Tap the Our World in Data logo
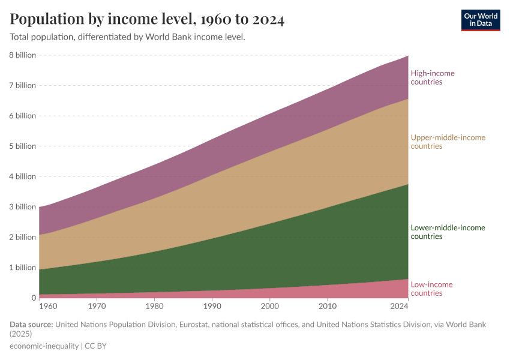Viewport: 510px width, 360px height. click(481, 20)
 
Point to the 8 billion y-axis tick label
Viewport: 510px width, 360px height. click(23, 55)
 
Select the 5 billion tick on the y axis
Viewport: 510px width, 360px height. click(23, 146)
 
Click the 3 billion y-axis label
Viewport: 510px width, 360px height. click(23, 207)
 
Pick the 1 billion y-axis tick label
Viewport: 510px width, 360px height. click(23, 268)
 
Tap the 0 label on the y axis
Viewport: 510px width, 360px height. click(34, 298)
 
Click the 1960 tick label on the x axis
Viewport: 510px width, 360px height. click(39, 306)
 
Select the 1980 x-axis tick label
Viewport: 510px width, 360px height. click(155, 306)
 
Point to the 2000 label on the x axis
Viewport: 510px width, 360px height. click(270, 306)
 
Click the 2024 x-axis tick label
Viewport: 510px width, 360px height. click(399, 306)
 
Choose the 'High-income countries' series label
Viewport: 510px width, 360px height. click(433, 77)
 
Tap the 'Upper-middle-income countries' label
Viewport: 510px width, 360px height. click(448, 142)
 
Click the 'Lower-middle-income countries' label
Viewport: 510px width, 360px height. click(448, 232)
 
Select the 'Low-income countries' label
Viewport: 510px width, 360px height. click(431, 289)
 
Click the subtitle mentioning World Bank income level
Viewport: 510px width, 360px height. click(127, 37)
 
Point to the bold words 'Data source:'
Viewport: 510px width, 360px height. click(31, 325)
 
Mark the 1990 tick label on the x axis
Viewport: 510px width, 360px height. click(212, 306)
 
